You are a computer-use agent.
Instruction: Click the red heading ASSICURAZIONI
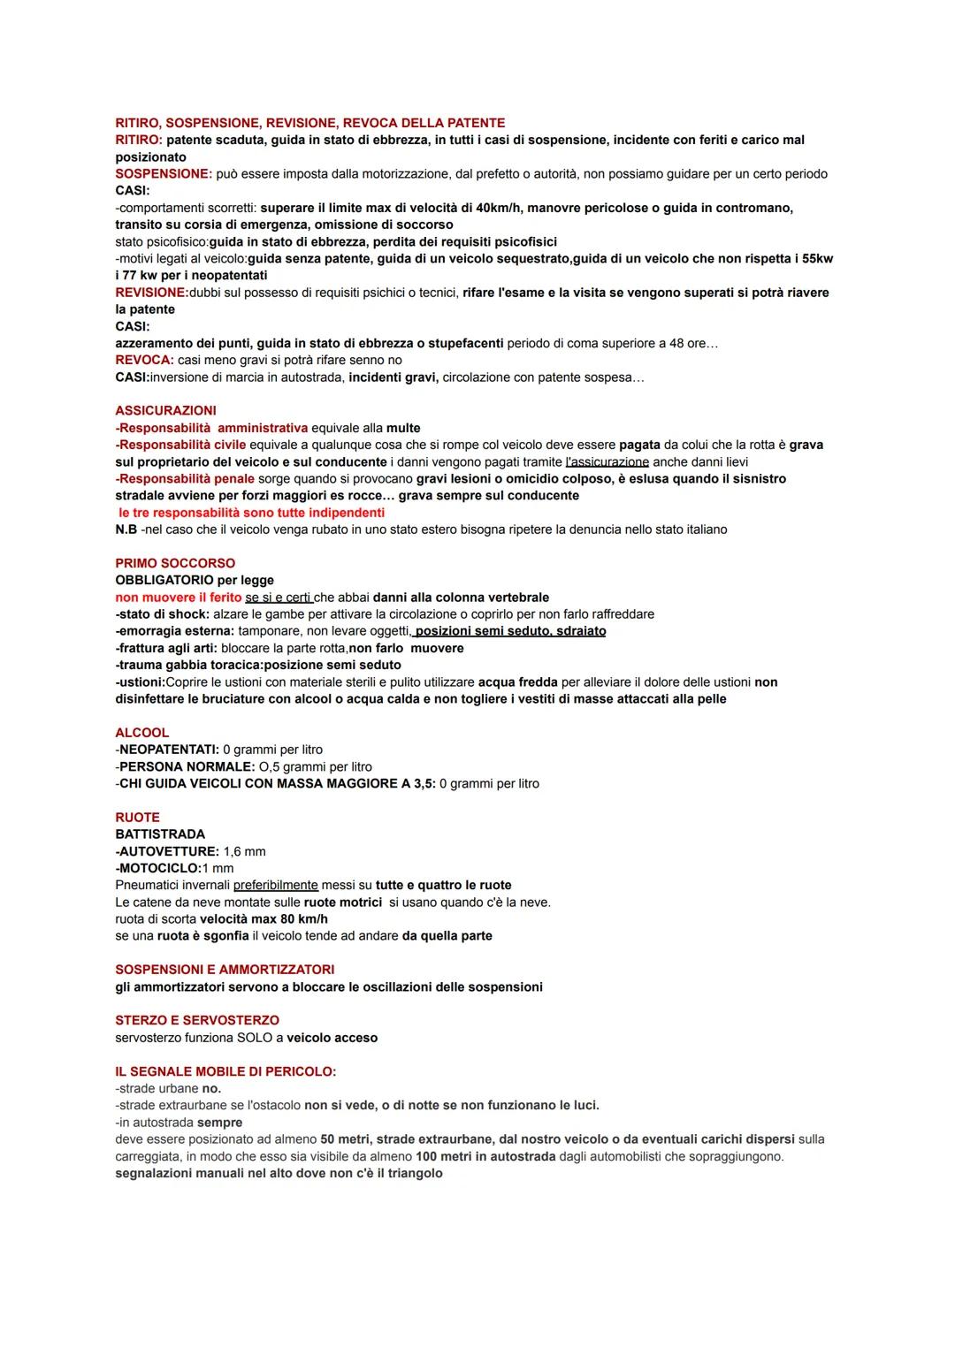coord(165,411)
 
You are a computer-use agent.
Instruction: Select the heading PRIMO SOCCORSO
coord(175,563)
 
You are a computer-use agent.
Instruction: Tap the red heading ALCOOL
coord(141,733)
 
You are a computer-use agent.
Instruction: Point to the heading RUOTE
coord(137,818)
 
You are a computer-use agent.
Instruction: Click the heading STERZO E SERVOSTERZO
coord(197,1020)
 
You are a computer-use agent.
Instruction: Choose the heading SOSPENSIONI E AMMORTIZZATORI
coord(225,970)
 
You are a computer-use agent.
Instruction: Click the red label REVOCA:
coord(144,361)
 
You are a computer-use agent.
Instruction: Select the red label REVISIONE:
coord(151,293)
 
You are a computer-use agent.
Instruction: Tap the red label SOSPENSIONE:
coord(164,174)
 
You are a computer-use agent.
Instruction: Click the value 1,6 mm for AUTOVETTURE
coord(244,851)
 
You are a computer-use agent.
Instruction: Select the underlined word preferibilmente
coord(276,885)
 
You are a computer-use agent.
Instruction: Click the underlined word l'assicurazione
coord(607,462)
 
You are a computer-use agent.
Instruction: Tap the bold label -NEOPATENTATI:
coord(167,750)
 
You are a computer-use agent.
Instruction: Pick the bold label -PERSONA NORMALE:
coord(185,766)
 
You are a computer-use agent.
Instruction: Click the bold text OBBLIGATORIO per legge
coord(195,580)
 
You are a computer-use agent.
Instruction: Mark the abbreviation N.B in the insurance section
coord(126,529)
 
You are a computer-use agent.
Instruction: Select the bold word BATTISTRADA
coord(160,834)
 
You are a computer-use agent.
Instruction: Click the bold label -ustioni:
coord(140,682)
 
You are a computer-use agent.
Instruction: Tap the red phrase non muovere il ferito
coord(178,598)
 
